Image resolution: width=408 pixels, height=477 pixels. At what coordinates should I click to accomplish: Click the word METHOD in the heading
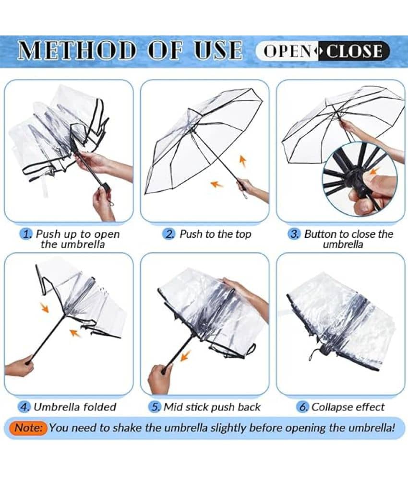coord(76,50)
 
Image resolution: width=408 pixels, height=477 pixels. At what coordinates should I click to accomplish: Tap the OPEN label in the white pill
coord(288,51)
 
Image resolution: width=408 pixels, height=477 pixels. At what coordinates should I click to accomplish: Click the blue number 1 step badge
coord(26,234)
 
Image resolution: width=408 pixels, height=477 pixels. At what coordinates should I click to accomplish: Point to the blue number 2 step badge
coord(169,234)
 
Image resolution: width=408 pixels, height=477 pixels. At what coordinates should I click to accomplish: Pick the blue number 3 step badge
coord(294,234)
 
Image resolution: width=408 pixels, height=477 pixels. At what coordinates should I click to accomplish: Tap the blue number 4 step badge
coord(24,407)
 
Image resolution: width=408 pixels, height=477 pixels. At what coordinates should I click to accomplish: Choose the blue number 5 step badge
coord(155,407)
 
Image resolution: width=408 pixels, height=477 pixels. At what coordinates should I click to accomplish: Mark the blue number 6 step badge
coord(302,407)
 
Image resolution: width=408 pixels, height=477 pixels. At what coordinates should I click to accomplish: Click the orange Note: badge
coord(29,428)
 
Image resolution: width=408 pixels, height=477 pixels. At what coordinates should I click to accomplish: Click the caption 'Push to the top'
coord(216,234)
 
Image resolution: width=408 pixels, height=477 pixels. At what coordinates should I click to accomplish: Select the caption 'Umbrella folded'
coord(75,407)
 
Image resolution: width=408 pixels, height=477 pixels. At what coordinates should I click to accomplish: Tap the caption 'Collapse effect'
coord(348,407)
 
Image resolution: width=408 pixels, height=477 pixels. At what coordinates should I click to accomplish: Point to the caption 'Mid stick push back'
coord(212,407)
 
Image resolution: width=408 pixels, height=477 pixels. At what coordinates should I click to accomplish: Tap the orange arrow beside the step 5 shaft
coord(185,356)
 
